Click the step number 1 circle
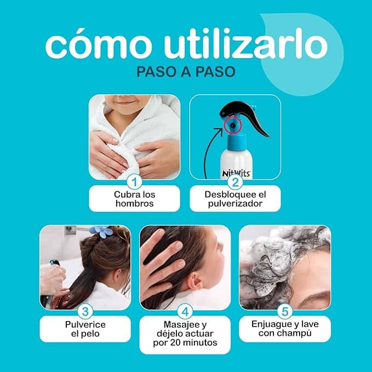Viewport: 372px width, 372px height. (x=134, y=181)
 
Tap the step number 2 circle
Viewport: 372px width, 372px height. (x=236, y=181)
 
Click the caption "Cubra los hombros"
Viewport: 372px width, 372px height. (x=135, y=199)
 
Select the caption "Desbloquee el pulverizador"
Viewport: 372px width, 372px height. (x=235, y=199)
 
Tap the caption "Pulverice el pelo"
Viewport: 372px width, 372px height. (x=85, y=329)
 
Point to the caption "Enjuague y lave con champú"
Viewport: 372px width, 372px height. (x=284, y=329)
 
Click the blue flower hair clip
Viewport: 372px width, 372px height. (x=102, y=231)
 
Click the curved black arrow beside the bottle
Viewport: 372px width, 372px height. (x=211, y=153)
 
